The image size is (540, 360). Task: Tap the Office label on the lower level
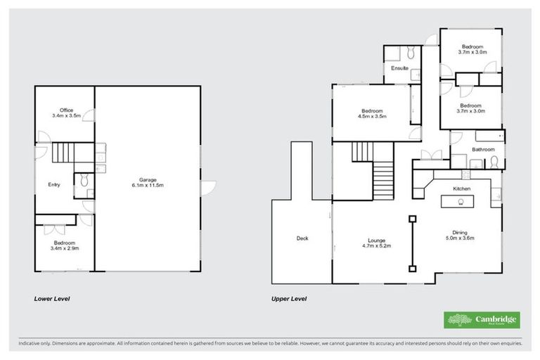click(x=67, y=110)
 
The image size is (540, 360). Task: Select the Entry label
click(x=54, y=185)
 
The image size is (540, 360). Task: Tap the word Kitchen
click(x=461, y=190)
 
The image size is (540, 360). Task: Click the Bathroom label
click(x=483, y=150)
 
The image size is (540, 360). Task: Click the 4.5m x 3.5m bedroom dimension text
click(x=372, y=117)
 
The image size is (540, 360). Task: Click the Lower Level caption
click(x=52, y=299)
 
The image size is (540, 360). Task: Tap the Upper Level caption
click(x=289, y=299)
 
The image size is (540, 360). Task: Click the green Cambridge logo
click(x=481, y=320)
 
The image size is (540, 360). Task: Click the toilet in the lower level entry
click(x=84, y=181)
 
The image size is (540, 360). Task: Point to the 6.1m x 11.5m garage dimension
click(x=147, y=185)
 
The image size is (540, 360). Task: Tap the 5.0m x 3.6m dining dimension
click(x=461, y=238)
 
